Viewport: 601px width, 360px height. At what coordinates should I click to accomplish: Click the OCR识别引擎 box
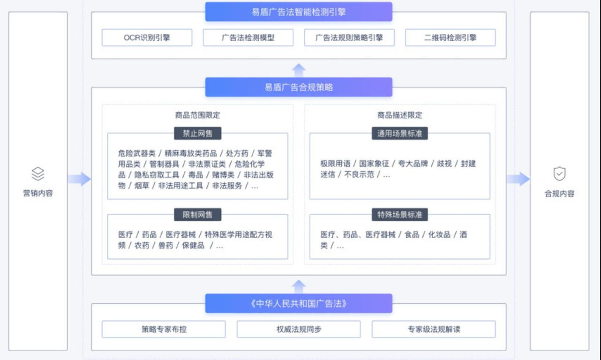(147, 37)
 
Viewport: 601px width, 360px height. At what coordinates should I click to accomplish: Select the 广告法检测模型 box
(248, 37)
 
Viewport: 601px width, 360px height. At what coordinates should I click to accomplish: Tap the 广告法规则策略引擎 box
(349, 37)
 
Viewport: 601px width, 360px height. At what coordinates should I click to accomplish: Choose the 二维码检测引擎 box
(450, 37)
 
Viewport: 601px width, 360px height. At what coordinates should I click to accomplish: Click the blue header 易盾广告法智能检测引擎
(298, 12)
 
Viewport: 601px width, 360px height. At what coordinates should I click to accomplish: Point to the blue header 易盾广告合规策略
(298, 87)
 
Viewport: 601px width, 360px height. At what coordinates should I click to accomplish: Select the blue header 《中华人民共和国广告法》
(298, 303)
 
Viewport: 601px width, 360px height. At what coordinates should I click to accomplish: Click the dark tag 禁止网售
(197, 133)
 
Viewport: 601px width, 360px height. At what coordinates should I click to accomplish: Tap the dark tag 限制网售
(197, 215)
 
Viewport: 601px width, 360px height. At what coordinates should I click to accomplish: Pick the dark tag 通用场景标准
(399, 133)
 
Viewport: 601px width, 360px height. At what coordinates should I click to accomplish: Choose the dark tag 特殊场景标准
(399, 215)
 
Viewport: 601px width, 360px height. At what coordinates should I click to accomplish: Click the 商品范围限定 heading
(197, 115)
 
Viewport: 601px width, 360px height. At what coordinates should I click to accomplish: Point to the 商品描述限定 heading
(399, 115)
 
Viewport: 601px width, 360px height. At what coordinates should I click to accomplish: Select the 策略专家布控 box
(164, 329)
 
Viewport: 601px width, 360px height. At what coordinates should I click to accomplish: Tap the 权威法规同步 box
(299, 329)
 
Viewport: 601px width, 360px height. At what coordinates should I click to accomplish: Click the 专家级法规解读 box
(434, 329)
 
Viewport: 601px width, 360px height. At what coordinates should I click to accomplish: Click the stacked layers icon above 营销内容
(38, 174)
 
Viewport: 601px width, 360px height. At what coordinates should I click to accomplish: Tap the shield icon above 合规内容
(559, 174)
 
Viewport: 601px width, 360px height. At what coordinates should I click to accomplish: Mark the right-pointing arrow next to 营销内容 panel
(79, 179)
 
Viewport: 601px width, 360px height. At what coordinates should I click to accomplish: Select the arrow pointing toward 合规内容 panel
(518, 179)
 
